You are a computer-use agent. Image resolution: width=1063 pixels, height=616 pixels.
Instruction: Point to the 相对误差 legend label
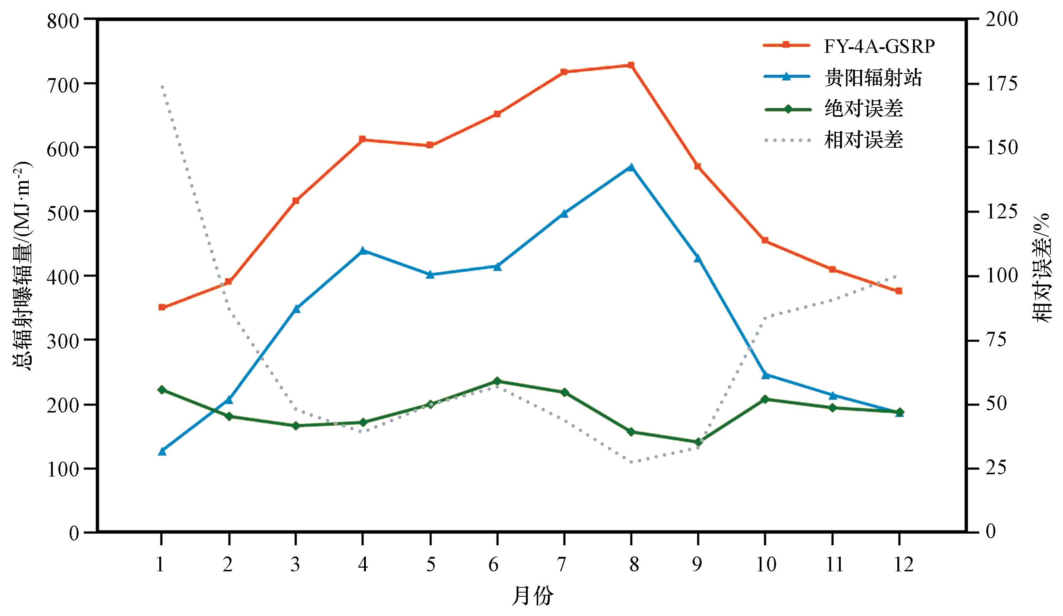tap(864, 140)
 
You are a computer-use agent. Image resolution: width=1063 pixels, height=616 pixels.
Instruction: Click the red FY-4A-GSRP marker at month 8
tap(631, 65)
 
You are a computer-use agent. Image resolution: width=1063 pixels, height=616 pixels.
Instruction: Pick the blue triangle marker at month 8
tap(631, 167)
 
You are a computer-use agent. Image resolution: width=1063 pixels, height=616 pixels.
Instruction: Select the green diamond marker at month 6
tap(497, 381)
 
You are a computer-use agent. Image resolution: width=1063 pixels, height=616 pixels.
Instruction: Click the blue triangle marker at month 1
tap(162, 451)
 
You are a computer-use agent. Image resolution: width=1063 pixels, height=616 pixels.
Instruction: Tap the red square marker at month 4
tap(363, 139)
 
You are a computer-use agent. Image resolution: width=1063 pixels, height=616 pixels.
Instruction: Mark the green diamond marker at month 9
tap(698, 442)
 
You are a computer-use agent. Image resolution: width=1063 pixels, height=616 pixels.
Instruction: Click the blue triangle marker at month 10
tap(765, 375)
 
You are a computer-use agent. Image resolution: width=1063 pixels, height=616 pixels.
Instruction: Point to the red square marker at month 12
tap(899, 291)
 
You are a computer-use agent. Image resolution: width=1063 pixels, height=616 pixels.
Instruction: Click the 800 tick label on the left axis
tap(63, 20)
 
